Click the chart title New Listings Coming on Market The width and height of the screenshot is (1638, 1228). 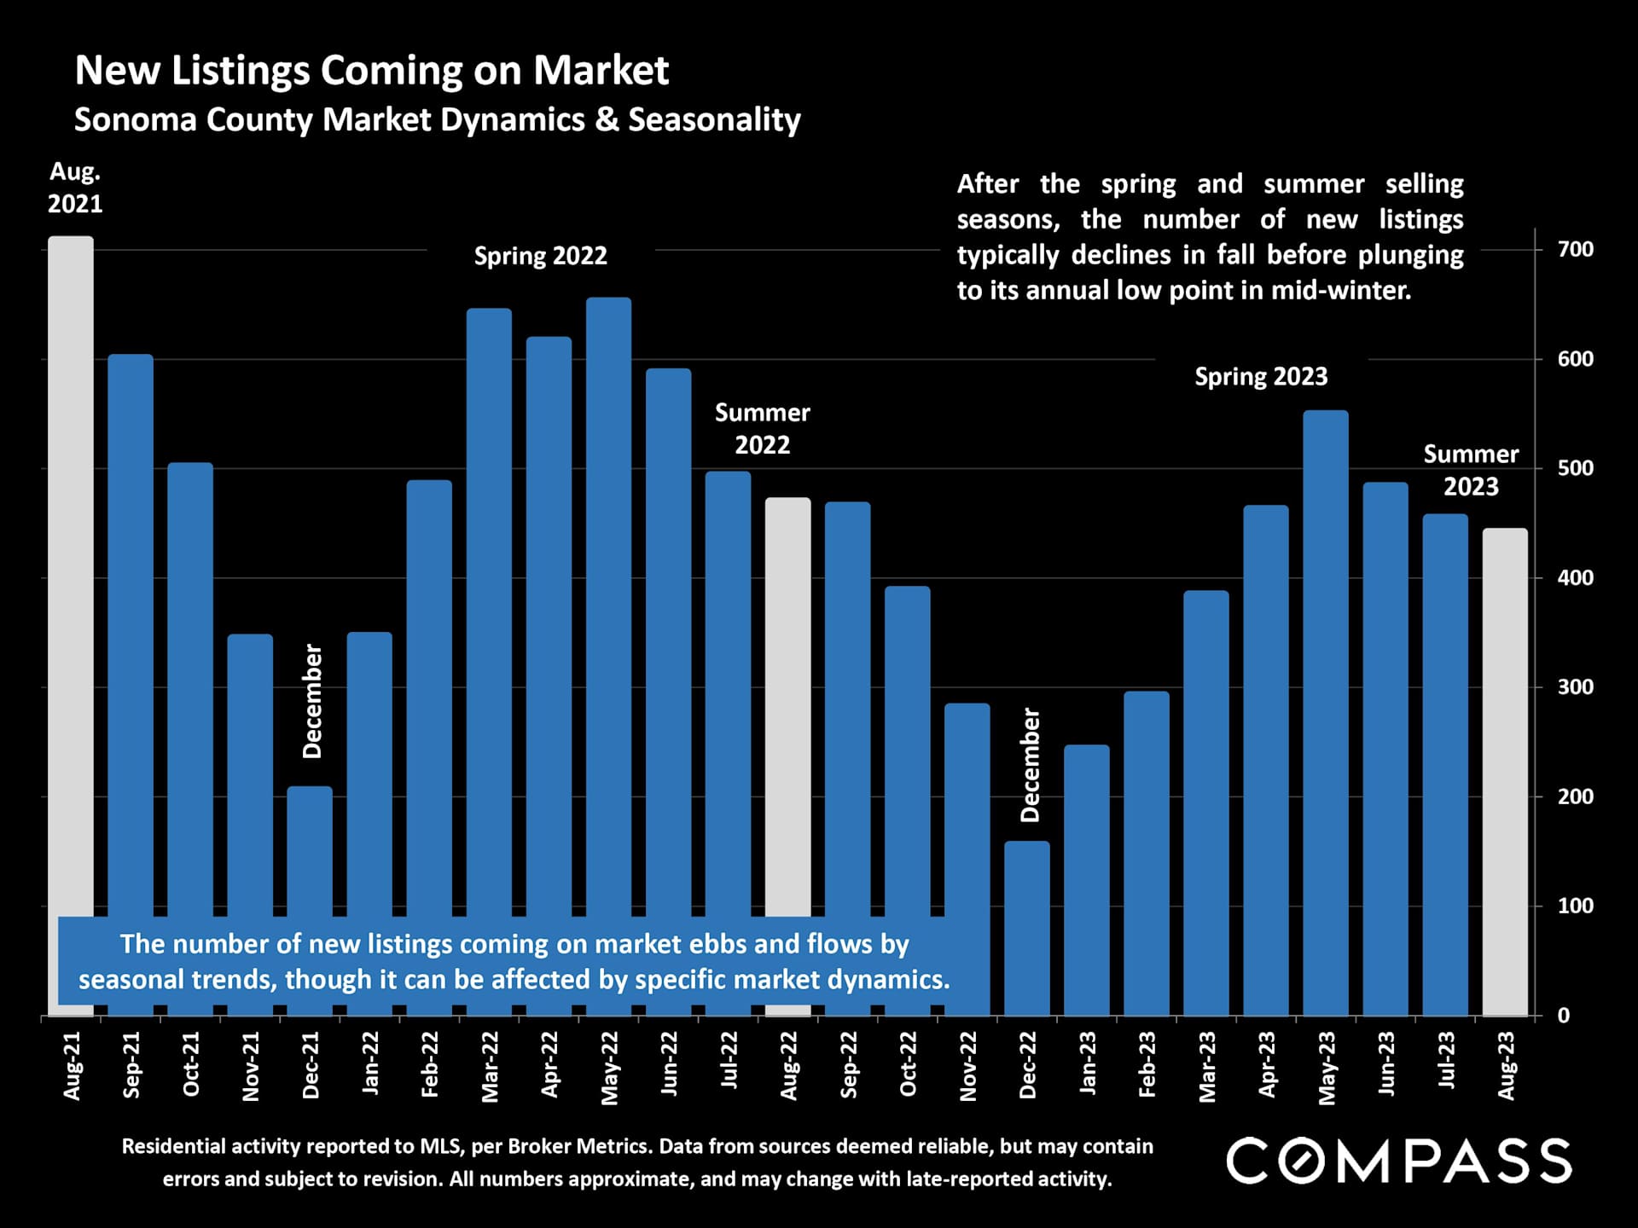[x=371, y=70]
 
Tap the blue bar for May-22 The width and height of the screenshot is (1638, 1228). [x=609, y=597]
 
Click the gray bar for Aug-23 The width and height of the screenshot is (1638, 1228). [x=1505, y=767]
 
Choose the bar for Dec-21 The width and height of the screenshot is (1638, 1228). [x=310, y=853]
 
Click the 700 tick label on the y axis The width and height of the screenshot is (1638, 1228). [x=1575, y=249]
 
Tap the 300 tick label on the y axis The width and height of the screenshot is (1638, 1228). [x=1575, y=687]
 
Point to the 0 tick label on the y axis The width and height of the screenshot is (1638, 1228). [x=1563, y=1016]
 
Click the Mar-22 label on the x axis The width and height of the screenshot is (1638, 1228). [x=490, y=1066]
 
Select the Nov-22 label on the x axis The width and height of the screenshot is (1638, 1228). [x=967, y=1066]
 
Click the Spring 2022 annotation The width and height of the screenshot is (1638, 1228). [x=540, y=256]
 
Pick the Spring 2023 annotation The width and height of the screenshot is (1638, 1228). [x=1260, y=377]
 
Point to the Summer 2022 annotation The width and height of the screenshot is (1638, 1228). [x=762, y=428]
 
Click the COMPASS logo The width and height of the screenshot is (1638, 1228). [x=1398, y=1161]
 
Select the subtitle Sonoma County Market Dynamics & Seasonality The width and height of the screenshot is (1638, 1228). [x=437, y=119]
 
